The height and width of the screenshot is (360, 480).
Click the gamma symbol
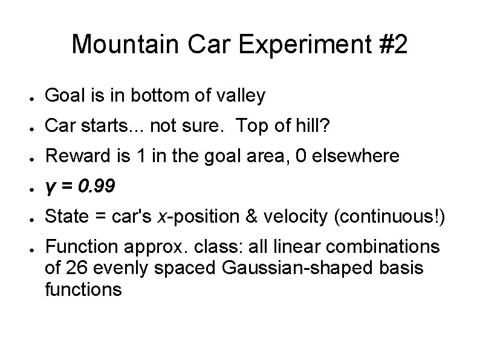[x=50, y=186]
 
